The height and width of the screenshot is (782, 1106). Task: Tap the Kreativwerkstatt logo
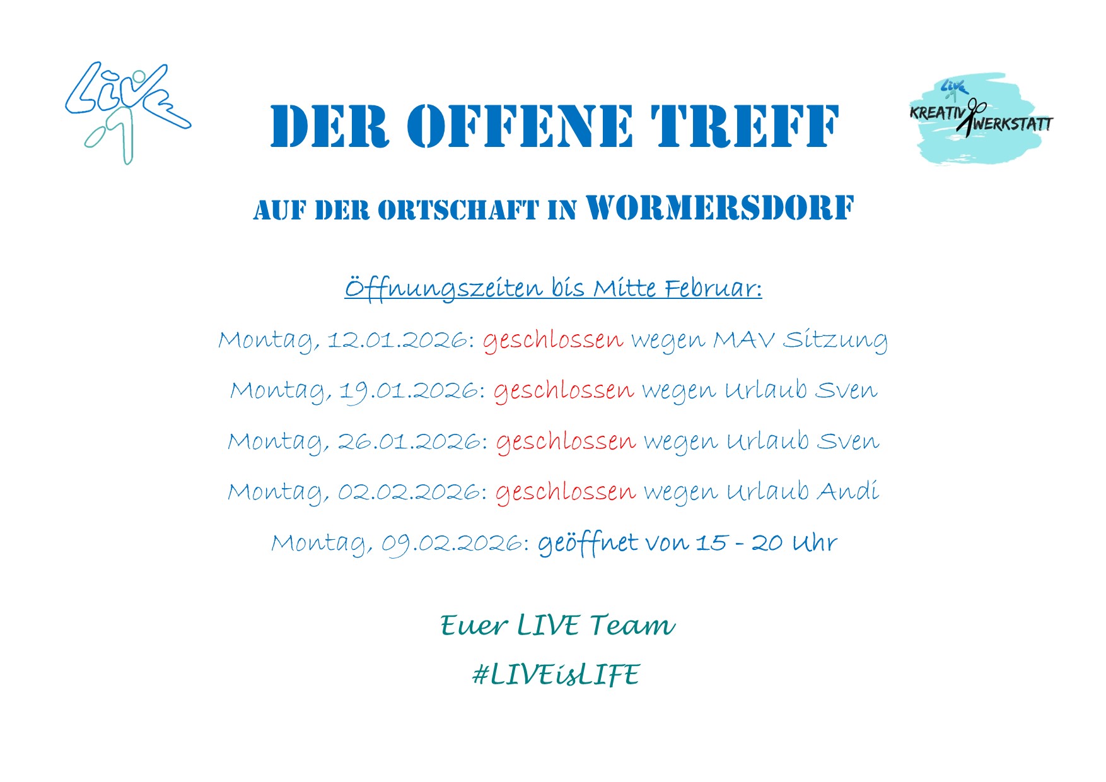[981, 118]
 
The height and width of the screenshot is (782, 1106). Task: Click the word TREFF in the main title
[745, 126]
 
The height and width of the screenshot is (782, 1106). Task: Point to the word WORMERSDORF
[720, 208]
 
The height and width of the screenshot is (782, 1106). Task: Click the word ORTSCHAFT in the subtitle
[458, 211]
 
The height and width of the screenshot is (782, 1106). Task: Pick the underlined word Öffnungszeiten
[443, 289]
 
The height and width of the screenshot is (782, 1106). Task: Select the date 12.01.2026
[397, 341]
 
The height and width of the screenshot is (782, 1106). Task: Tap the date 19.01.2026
[409, 392]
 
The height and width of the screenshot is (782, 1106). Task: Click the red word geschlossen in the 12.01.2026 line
[553, 341]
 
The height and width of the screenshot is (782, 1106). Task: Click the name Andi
[848, 491]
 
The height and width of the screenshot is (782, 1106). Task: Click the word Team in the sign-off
[632, 625]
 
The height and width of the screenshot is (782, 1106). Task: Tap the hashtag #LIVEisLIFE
[556, 675]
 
